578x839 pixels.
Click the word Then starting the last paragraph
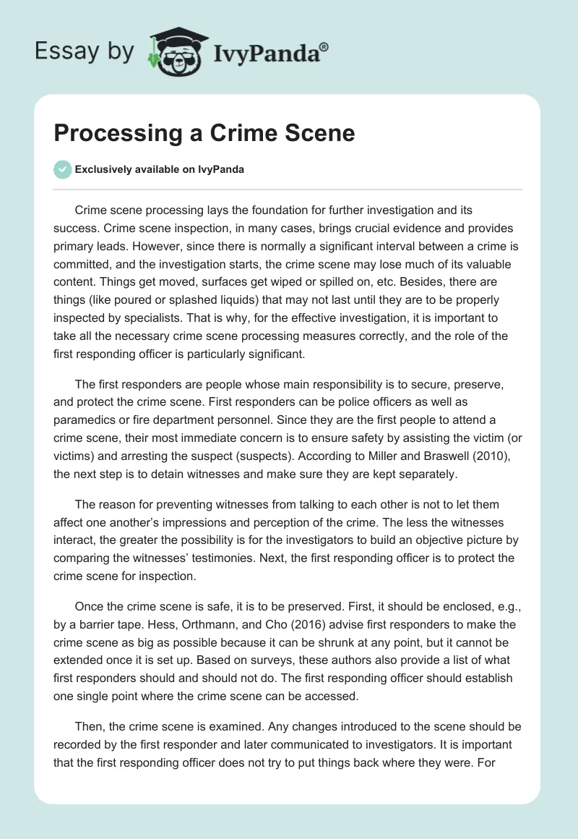pyautogui.click(x=90, y=726)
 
